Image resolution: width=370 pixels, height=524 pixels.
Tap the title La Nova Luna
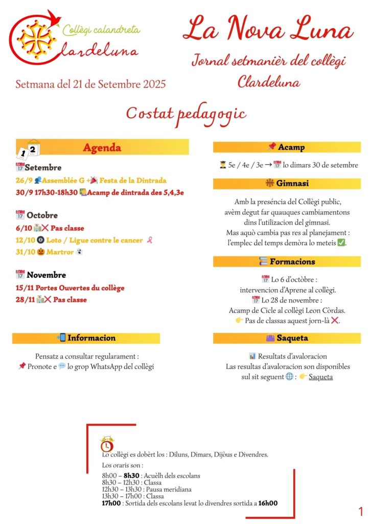pos(268,29)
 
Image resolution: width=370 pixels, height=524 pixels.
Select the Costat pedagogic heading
pos(186,113)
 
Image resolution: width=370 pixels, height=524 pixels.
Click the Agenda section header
pos(102,148)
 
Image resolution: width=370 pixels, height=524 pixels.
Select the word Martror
pos(60,252)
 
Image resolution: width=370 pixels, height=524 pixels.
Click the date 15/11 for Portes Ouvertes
pos(25,288)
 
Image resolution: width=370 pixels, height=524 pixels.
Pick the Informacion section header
pos(86,338)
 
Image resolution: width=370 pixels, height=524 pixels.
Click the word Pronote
pos(39,366)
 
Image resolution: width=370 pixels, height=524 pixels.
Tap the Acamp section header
pos(286,147)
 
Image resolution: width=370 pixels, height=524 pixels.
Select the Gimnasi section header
pos(286,183)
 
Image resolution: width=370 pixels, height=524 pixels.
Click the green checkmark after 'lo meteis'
pos(341,243)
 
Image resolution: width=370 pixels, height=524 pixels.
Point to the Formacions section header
pos(287,261)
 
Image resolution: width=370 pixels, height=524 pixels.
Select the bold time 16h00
pos(268,503)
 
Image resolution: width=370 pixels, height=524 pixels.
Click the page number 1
pos(361,511)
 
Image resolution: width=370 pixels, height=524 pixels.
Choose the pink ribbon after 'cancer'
pos(150,240)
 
